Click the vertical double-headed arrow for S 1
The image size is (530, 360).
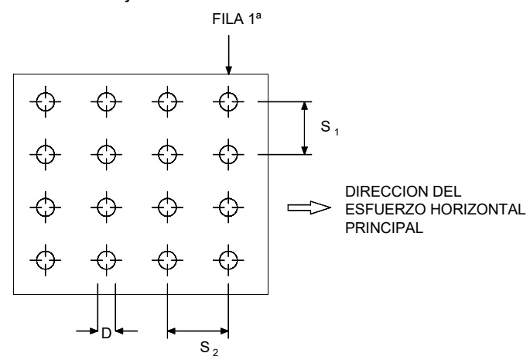coord(304,128)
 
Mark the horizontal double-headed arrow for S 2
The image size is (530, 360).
coord(197,331)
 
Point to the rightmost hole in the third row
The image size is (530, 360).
coord(227,207)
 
